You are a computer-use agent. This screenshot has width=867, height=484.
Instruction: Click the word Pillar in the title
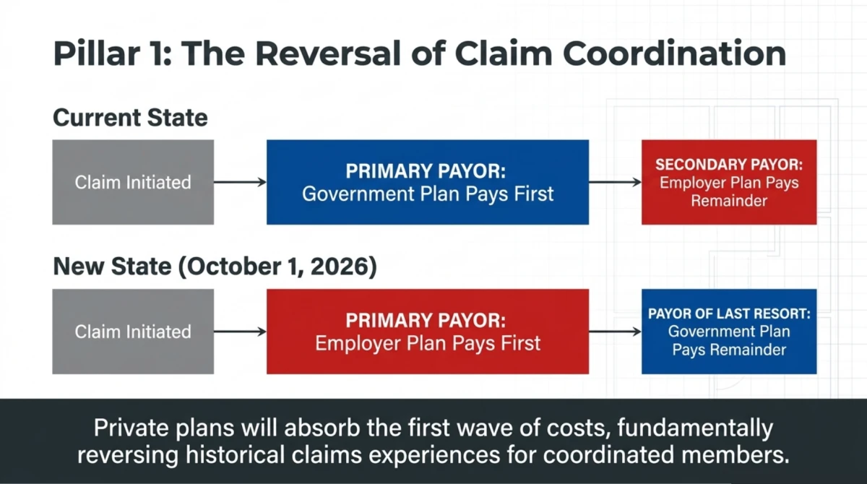97,53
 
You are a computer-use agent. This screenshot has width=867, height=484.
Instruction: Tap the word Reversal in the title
328,53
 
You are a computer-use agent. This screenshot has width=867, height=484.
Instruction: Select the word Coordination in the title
674,53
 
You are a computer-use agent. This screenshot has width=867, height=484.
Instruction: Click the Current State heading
130,118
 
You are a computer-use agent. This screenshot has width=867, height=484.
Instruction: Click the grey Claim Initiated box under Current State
133,182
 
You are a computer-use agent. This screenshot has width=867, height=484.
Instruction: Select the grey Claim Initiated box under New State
133,332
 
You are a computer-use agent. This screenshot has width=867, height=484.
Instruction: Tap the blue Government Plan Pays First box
428,182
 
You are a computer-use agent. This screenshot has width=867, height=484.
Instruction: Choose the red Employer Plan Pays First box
428,332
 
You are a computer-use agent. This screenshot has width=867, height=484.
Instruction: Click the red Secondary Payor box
729,182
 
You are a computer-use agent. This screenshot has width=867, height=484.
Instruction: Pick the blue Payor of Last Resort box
729,332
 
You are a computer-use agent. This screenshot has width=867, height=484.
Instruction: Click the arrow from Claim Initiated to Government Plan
240,182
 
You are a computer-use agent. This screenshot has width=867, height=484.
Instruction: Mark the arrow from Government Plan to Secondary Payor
615,182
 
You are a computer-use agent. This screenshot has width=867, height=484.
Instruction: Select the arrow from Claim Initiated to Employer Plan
240,332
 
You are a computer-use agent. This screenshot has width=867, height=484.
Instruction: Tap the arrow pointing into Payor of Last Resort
615,332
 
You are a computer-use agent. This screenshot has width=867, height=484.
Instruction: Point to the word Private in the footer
131,428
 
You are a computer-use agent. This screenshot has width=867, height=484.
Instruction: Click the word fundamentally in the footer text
695,428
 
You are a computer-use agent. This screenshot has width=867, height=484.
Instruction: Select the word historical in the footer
235,454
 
